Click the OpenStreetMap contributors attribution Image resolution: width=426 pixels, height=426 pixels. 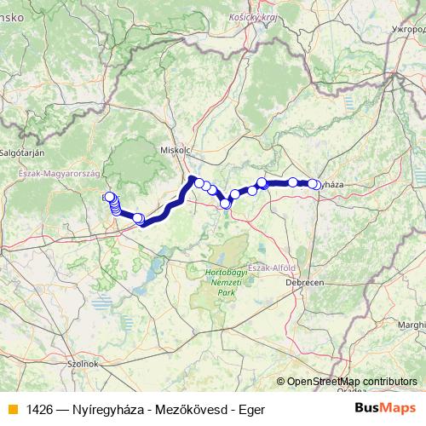pos(352,382)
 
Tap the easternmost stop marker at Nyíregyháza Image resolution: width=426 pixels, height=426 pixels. pos(317,184)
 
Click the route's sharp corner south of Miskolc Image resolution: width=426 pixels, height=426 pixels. pos(193,179)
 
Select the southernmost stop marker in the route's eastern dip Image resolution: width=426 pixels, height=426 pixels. pos(226,204)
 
